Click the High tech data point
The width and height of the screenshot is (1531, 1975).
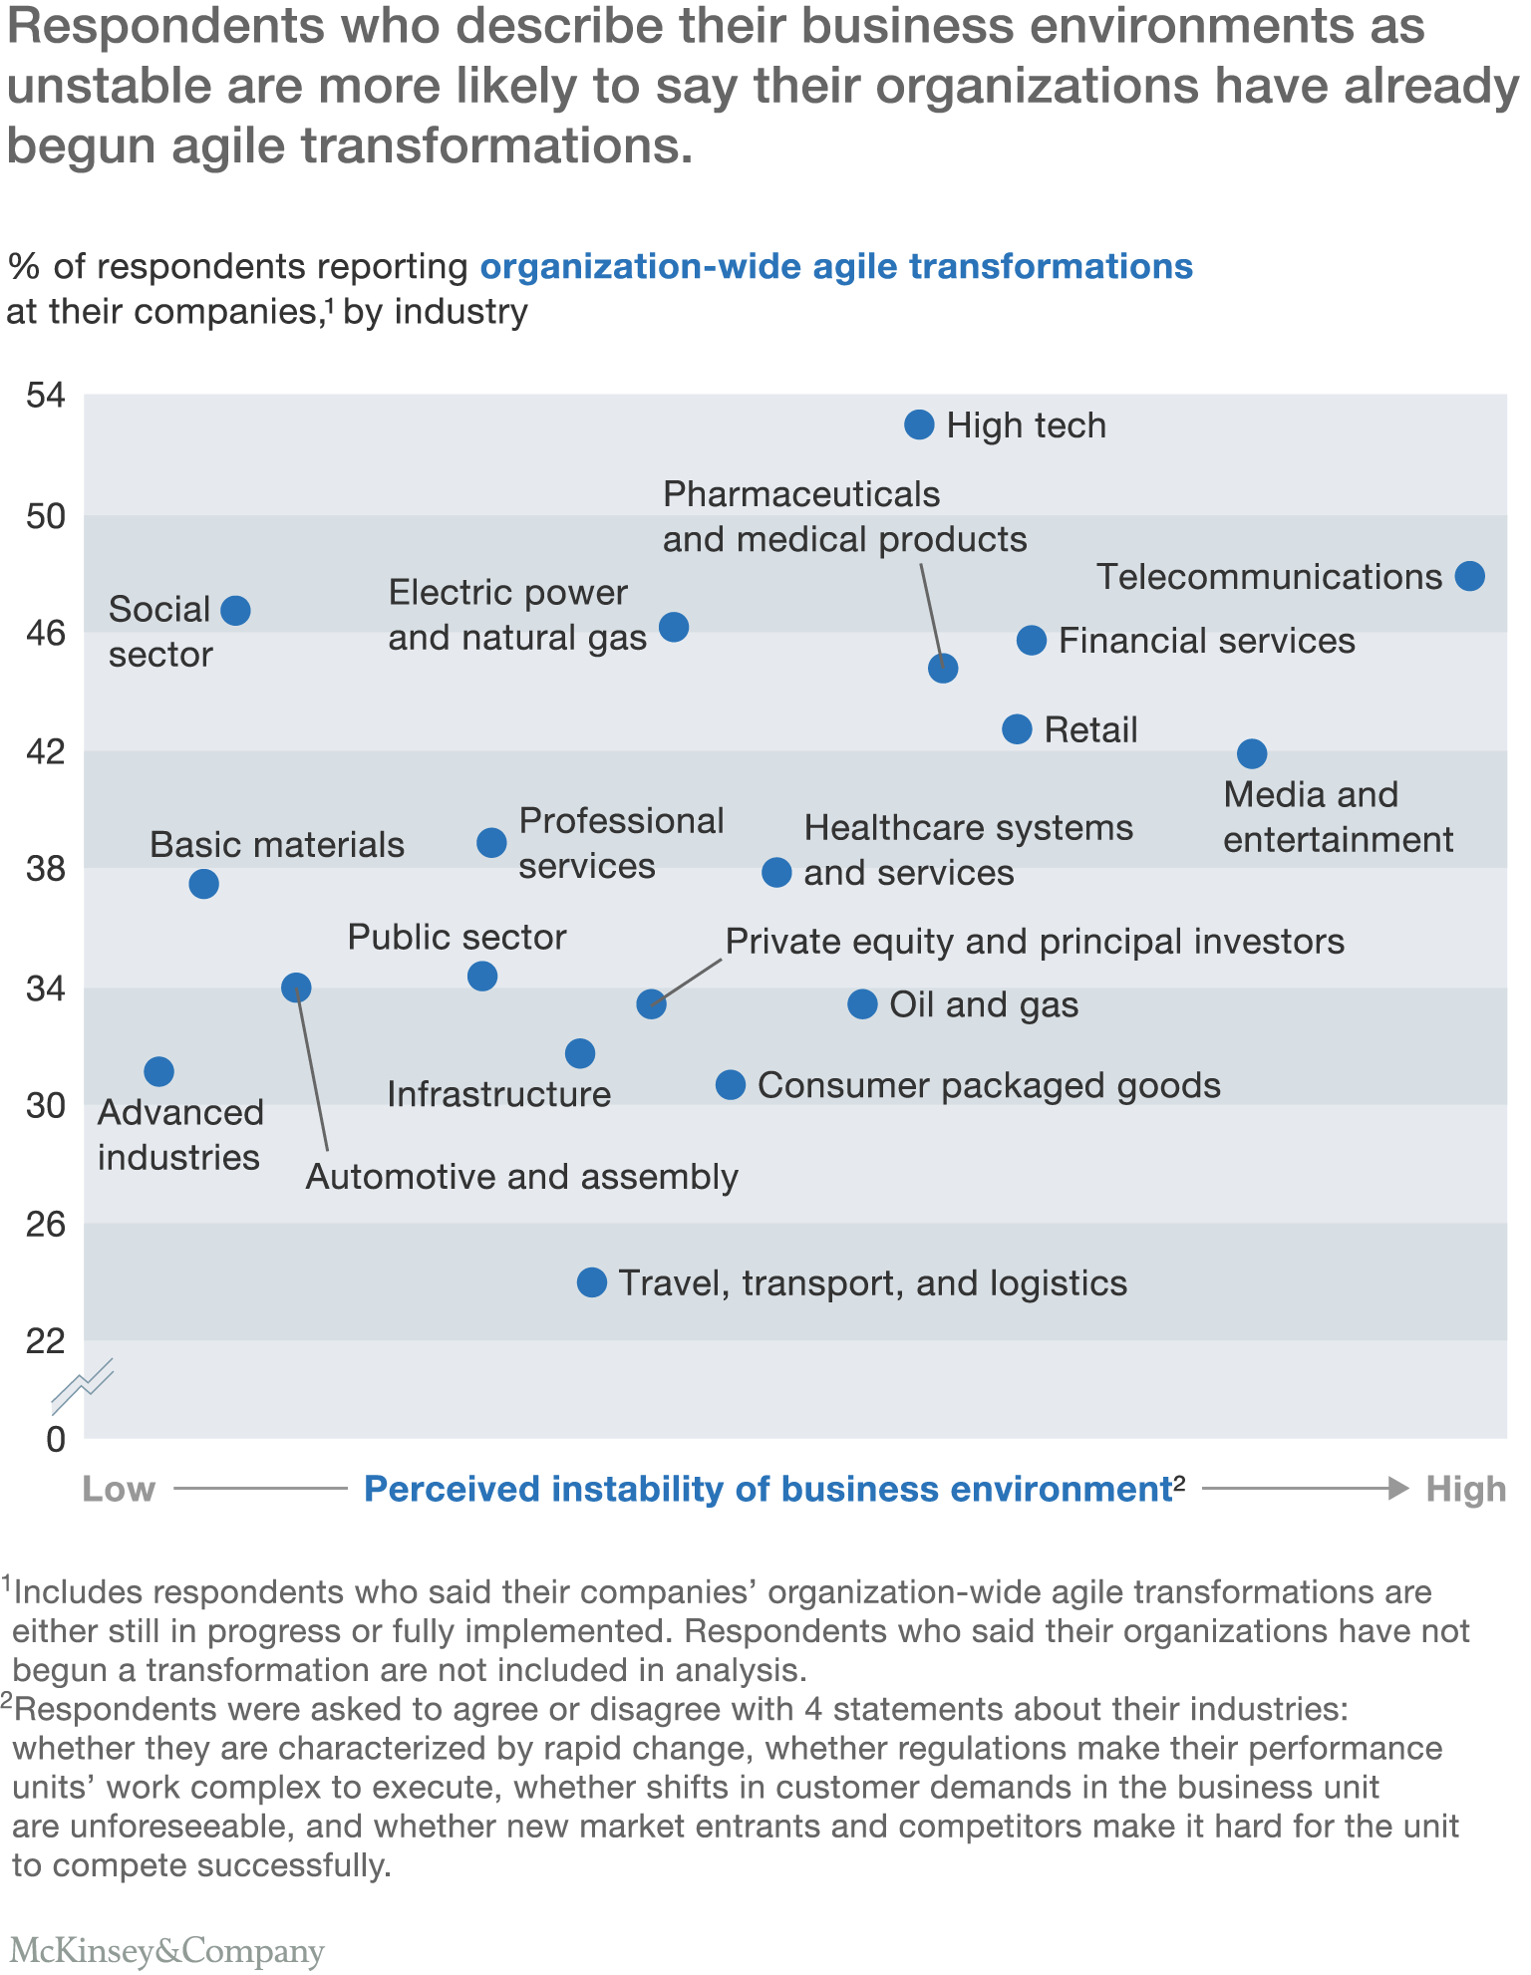(x=919, y=425)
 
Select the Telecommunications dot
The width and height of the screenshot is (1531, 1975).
(x=1470, y=576)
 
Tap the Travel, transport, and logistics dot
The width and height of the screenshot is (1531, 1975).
(x=592, y=1282)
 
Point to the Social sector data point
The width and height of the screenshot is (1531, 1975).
(x=235, y=611)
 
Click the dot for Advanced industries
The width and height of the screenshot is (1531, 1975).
(x=158, y=1071)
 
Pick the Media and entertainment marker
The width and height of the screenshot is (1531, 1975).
(x=1252, y=754)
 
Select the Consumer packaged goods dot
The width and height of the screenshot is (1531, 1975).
(x=731, y=1085)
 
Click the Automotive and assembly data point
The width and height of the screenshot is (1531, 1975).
(x=296, y=987)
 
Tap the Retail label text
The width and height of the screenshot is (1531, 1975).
(x=1090, y=730)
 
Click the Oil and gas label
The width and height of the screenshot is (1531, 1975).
(x=984, y=1004)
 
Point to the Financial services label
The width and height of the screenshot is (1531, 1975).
(x=1206, y=641)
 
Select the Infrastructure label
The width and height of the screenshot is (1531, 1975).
(x=498, y=1094)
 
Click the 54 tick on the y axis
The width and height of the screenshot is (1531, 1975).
(x=46, y=396)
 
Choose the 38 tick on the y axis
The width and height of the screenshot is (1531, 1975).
(x=46, y=869)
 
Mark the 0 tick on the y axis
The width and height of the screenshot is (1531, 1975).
(x=56, y=1439)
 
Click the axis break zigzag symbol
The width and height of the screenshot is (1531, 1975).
(x=83, y=1386)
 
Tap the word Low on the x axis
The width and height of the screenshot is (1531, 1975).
(x=119, y=1490)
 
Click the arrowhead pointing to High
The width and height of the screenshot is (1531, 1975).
(x=1398, y=1489)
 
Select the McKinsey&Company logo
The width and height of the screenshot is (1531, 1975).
(x=166, y=1950)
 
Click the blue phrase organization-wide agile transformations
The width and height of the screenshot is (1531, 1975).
(x=836, y=267)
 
